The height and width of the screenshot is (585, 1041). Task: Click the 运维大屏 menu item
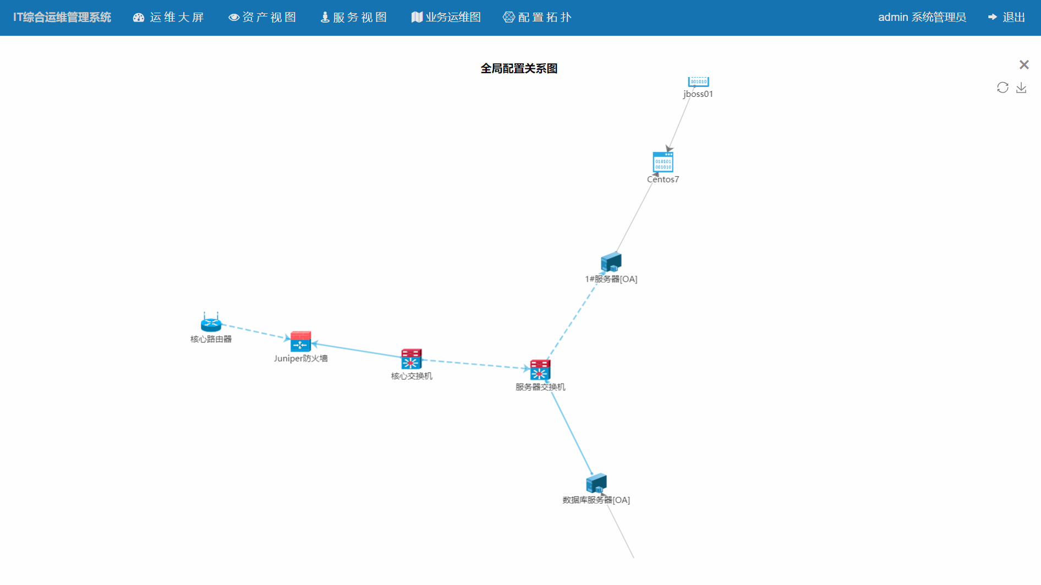tap(169, 18)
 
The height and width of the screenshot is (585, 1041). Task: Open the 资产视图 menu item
tap(262, 18)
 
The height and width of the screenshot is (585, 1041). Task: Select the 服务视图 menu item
tap(354, 18)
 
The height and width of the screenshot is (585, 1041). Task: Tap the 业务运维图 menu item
tap(446, 18)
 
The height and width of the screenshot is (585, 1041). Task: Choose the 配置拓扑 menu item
tap(538, 18)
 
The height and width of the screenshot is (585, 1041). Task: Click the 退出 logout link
tap(1007, 18)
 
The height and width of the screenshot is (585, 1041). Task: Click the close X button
tap(1024, 65)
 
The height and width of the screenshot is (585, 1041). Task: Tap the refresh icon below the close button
tap(1002, 88)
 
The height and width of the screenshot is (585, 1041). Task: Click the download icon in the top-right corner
tap(1021, 88)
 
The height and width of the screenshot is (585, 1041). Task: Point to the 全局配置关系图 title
tap(519, 69)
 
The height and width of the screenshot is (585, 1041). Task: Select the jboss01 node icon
tap(698, 81)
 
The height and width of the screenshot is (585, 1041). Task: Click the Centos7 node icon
tap(663, 162)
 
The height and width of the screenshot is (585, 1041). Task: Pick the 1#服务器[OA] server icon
tap(611, 263)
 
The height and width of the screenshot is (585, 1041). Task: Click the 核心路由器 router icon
tap(211, 323)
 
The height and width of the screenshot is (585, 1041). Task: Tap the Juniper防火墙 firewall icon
tap(300, 342)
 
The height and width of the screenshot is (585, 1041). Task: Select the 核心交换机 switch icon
tap(411, 359)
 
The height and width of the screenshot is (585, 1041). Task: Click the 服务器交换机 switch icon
tap(540, 370)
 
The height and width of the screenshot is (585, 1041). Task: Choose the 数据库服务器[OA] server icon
tap(596, 484)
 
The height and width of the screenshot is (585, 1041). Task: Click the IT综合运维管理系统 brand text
tap(62, 18)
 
